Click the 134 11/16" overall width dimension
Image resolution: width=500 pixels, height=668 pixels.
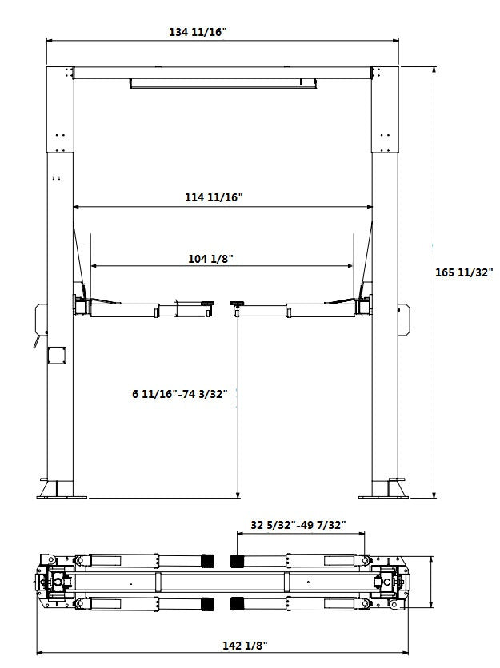(198, 32)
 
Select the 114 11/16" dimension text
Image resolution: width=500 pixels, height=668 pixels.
(215, 197)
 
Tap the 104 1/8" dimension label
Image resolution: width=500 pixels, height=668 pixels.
(210, 258)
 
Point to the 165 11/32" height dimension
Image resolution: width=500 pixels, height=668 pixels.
(464, 272)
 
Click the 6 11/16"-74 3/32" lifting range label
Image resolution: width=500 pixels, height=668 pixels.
(181, 394)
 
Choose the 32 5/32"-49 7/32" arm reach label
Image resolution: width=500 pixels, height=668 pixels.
(298, 525)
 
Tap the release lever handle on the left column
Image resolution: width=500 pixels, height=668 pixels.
(36, 341)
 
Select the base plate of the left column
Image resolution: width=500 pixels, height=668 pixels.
(60, 491)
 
